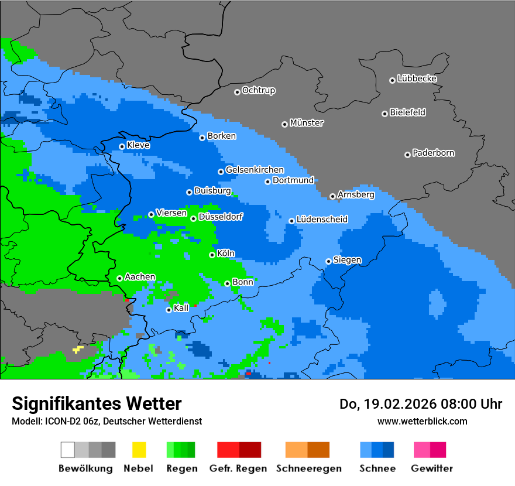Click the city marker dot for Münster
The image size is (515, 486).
[x=284, y=124]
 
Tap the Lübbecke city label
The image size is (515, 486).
[x=417, y=78]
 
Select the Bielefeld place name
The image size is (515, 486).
[x=407, y=112]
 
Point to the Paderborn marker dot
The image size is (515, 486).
[x=407, y=155]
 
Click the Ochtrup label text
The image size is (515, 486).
[x=258, y=91]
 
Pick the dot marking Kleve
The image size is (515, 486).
[x=122, y=146]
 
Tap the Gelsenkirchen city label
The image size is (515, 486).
[x=255, y=170]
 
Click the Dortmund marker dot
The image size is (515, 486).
[x=267, y=182]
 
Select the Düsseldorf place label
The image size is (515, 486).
[x=220, y=217]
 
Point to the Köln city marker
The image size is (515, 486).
[x=212, y=255]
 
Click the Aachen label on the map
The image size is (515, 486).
[x=140, y=277]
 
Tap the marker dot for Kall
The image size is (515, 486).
[x=169, y=310]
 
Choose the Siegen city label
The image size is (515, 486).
[x=347, y=260]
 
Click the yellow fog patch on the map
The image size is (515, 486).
[x=78, y=350]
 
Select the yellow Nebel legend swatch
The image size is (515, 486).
[x=139, y=450]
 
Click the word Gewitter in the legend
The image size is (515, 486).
[x=432, y=468]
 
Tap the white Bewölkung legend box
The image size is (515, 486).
[x=67, y=450]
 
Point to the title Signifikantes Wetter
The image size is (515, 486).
[x=97, y=404]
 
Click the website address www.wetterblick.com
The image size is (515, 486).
[x=422, y=421]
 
